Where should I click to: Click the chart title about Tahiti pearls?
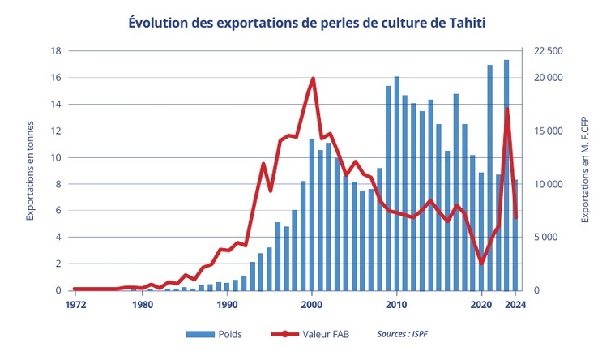tap(307, 23)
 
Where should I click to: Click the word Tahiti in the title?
tap(464, 23)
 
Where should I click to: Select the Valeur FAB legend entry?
tap(322, 333)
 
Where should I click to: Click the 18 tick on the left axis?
tap(56, 51)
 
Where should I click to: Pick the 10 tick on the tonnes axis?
tap(56, 157)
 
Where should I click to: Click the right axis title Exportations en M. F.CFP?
tap(584, 170)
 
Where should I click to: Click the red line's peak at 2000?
tap(313, 79)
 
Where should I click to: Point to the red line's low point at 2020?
tap(482, 263)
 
